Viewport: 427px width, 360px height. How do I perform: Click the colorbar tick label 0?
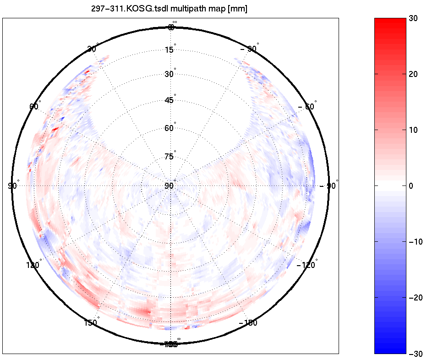tap(411, 186)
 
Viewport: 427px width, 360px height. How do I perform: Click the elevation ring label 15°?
tap(170, 49)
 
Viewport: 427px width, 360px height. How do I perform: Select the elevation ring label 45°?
tap(170, 100)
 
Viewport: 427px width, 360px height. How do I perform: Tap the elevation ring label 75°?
tap(170, 157)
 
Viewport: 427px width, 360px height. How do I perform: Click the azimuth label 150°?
tap(91, 322)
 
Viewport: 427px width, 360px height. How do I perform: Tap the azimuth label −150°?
tap(248, 323)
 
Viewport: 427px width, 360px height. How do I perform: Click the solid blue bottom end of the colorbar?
tap(390, 350)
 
